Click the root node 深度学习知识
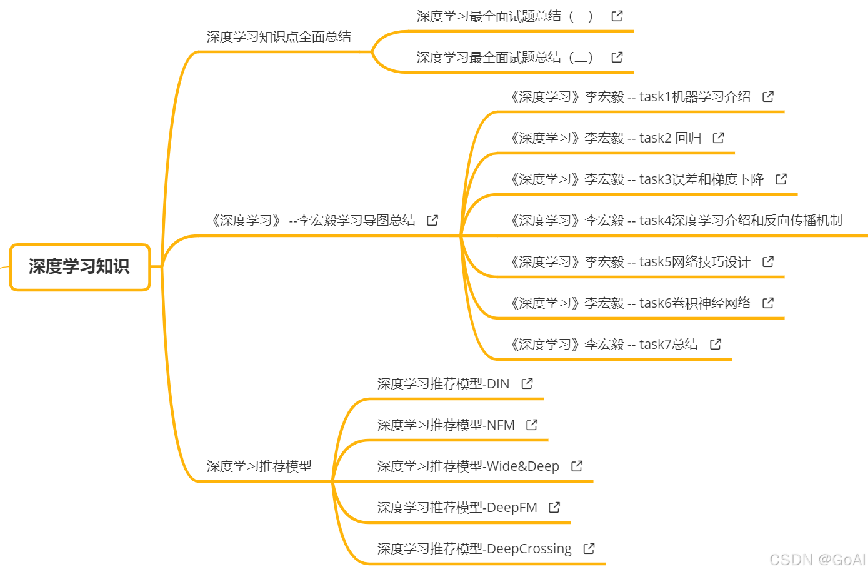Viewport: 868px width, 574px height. click(x=79, y=267)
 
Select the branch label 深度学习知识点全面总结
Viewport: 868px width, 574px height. click(x=279, y=37)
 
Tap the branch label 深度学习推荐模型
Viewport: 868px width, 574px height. click(x=259, y=466)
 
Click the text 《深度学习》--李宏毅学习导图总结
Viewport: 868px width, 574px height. click(x=312, y=221)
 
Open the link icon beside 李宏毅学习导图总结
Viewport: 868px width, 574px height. click(x=432, y=221)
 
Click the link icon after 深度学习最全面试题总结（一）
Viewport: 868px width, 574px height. click(x=617, y=16)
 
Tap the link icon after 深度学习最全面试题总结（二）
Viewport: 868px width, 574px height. click(x=617, y=58)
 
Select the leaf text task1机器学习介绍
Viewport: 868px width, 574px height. click(x=630, y=97)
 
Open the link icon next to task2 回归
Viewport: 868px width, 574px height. click(x=719, y=138)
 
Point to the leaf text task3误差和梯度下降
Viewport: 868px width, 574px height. click(x=636, y=179)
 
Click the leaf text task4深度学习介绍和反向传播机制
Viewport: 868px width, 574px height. click(x=676, y=221)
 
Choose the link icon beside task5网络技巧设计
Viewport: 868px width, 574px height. click(x=768, y=262)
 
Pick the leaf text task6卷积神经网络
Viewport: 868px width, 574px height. click(x=630, y=303)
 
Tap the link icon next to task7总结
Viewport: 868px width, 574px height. click(x=716, y=345)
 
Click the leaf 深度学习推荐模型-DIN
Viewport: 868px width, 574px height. click(x=443, y=384)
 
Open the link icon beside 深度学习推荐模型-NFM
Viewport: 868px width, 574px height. click(x=532, y=425)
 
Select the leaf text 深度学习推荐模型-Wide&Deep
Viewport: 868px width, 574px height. click(x=468, y=466)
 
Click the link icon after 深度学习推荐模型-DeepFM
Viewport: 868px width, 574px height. click(x=554, y=508)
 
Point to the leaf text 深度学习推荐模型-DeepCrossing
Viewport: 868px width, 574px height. click(x=474, y=549)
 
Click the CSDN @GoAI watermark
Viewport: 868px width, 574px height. click(x=817, y=560)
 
